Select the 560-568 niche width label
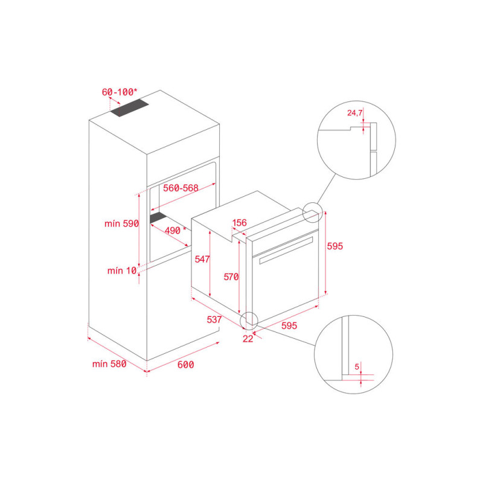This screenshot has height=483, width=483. [181, 188]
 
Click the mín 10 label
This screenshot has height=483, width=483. [123, 270]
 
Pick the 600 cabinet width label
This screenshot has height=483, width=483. [186, 364]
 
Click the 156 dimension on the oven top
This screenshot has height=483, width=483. [239, 223]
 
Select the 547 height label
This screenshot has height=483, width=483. [202, 259]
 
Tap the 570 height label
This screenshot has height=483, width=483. [231, 277]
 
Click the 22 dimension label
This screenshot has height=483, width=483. [248, 339]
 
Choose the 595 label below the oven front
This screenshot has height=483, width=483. [289, 325]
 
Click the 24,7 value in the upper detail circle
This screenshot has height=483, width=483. [355, 112]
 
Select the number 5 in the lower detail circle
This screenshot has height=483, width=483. [357, 366]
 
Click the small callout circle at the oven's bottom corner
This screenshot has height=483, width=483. [249, 320]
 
